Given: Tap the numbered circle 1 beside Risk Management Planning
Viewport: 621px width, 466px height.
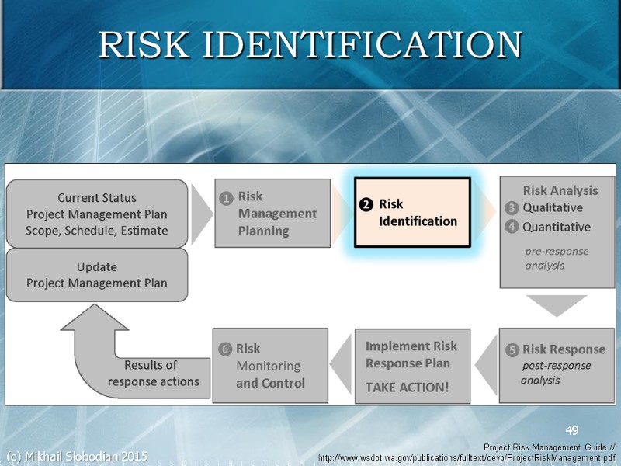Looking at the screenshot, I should (225, 198).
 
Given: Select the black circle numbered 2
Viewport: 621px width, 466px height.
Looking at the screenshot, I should (366, 205).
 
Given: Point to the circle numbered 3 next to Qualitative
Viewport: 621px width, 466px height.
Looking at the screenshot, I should (512, 208).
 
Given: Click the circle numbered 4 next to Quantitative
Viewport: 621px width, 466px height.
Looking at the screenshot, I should (512, 228).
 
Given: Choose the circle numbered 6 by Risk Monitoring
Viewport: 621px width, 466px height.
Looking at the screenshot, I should (225, 349).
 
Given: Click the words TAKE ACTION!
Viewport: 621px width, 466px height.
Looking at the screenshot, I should (407, 387).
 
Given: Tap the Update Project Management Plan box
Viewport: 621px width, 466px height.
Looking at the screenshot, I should (97, 275).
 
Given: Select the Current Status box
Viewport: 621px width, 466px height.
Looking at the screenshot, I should (97, 214).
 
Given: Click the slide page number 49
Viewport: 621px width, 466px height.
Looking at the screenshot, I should (572, 431).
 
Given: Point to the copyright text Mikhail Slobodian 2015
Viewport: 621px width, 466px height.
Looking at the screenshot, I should (76, 456).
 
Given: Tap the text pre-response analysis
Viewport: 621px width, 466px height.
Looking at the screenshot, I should (556, 258).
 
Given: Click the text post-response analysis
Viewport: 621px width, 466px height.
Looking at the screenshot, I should (554, 373).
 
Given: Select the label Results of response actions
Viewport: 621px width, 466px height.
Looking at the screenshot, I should (153, 374).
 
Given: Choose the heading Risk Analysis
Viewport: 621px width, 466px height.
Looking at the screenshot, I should (560, 190).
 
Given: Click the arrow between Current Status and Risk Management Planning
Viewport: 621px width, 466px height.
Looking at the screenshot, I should (201, 214).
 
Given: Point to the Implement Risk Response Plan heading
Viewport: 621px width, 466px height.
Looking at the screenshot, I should (411, 354).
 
